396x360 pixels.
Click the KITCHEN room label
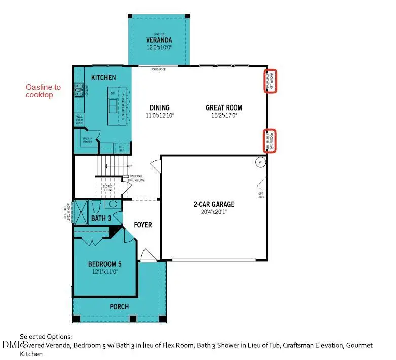click(x=103, y=77)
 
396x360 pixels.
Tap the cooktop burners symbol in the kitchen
click(x=79, y=90)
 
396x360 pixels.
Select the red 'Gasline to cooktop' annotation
click(x=43, y=91)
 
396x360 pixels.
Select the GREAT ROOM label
click(x=224, y=107)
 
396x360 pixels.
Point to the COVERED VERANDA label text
click(x=159, y=39)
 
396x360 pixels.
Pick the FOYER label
click(x=142, y=225)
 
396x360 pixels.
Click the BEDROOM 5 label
click(x=104, y=264)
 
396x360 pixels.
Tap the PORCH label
click(x=119, y=306)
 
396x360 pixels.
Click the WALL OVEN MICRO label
click(x=80, y=119)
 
